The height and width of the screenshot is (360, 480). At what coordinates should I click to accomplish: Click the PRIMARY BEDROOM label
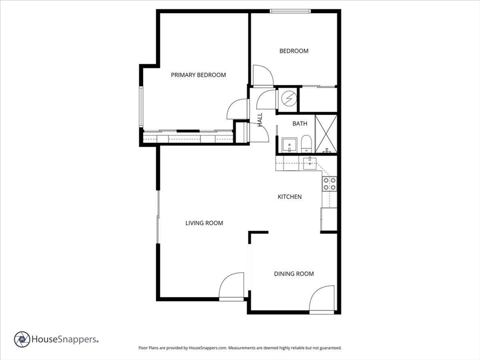click(198, 75)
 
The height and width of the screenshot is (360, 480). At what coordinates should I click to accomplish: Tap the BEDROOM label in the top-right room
click(294, 51)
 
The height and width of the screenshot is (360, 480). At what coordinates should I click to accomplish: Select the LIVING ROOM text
click(204, 223)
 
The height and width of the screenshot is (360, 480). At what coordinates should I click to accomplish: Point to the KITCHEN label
click(290, 197)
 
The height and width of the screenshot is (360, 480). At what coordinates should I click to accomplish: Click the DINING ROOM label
click(294, 274)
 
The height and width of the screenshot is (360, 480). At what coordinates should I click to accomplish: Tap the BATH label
click(300, 124)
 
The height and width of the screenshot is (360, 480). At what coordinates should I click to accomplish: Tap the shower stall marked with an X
click(326, 134)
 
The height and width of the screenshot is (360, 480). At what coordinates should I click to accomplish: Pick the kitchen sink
click(309, 164)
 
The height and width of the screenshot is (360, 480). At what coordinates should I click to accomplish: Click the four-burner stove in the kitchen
click(329, 184)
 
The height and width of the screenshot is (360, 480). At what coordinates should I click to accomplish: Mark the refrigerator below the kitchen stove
click(329, 219)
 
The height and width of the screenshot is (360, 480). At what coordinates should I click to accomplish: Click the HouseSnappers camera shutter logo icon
click(22, 339)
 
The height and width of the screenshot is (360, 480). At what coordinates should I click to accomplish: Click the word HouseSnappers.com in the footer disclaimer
click(208, 348)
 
